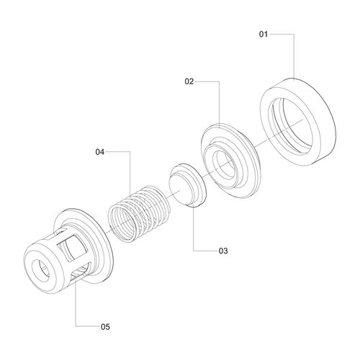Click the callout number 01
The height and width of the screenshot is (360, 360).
[264, 35]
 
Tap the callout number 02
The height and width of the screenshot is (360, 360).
[189, 81]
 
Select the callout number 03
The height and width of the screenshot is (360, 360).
[223, 251]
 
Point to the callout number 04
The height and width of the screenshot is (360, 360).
[100, 152]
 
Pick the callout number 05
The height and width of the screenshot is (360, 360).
[105, 327]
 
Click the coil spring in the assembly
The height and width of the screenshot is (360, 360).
[140, 213]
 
